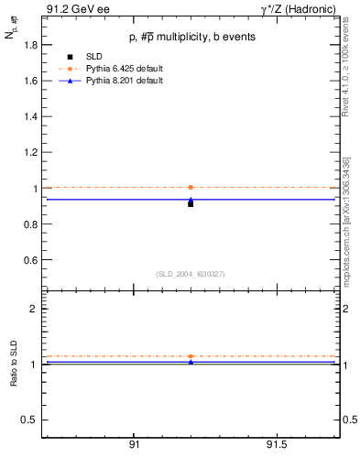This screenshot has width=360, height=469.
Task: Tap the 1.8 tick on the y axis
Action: pyautogui.click(x=30, y=44)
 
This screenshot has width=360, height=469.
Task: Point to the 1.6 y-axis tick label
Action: pyautogui.click(x=30, y=81)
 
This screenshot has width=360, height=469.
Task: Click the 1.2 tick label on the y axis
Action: pyautogui.click(x=30, y=152)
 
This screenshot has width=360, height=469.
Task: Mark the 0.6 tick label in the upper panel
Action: pyautogui.click(x=30, y=260)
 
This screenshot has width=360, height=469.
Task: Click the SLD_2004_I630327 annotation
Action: pyautogui.click(x=190, y=273)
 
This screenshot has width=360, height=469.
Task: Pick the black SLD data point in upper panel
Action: pyautogui.click(x=191, y=203)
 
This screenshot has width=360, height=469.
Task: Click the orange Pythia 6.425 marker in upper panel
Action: pyautogui.click(x=191, y=187)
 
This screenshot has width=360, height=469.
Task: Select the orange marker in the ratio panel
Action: pyautogui.click(x=191, y=356)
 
